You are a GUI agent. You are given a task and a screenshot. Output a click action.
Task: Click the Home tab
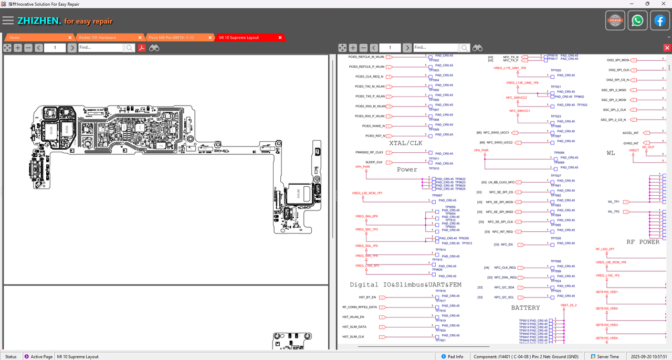[x=15, y=38]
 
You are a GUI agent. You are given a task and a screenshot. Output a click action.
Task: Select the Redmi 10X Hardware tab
[x=98, y=38]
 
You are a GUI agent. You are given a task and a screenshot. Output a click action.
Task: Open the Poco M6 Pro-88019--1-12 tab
[x=171, y=38]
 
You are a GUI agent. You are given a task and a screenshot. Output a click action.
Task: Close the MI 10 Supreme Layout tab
[x=280, y=38]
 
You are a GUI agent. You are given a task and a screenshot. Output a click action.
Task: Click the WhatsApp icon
[x=637, y=21]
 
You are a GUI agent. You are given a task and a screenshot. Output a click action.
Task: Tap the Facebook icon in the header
[x=659, y=21]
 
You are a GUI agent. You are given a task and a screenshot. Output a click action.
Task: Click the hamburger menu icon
[x=8, y=20]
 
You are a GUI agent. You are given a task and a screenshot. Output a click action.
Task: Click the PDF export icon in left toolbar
[x=142, y=48]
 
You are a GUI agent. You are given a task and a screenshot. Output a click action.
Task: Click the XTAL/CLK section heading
[x=405, y=143]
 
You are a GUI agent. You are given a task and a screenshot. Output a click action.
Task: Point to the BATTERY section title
[x=525, y=308]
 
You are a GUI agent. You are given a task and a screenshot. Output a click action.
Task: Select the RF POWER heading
[x=643, y=242]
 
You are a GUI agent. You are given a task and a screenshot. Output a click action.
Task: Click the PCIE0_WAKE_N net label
[x=373, y=126]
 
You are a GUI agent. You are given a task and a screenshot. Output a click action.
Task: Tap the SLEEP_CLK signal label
[x=374, y=162]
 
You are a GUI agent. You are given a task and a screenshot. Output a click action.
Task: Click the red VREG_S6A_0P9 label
[x=366, y=216]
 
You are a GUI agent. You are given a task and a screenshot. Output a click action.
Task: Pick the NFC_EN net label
[x=507, y=245]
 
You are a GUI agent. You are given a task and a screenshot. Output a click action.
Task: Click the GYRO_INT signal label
[x=631, y=143]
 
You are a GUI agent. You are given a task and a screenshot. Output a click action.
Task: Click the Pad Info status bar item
[x=455, y=357]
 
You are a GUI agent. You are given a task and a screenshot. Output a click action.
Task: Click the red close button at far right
[x=667, y=48]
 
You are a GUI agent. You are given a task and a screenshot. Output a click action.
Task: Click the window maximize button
[x=647, y=4]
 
